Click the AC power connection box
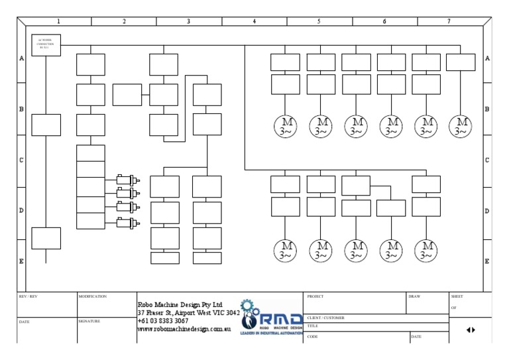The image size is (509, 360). coord(46,45)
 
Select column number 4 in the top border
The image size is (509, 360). coord(254,21)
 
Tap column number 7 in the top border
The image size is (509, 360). coord(449,21)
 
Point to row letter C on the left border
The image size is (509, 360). coord(21,160)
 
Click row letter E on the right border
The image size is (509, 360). coord(487,261)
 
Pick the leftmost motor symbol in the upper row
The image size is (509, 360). coord(286,126)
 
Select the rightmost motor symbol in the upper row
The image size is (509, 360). coord(461,126)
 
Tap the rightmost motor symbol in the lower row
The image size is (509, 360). coord(426,250)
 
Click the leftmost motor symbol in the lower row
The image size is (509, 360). coord(286,250)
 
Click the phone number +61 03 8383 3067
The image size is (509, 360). coord(162,320)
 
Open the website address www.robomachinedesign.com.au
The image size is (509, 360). coord(183,329)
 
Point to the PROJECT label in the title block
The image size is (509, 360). coord(316,296)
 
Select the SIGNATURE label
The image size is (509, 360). coord(89,321)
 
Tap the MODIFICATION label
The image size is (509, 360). coord(92,296)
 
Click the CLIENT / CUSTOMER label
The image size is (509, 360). coord(325,318)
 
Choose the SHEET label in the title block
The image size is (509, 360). coord(457,296)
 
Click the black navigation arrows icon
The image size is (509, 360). coord(471,330)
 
